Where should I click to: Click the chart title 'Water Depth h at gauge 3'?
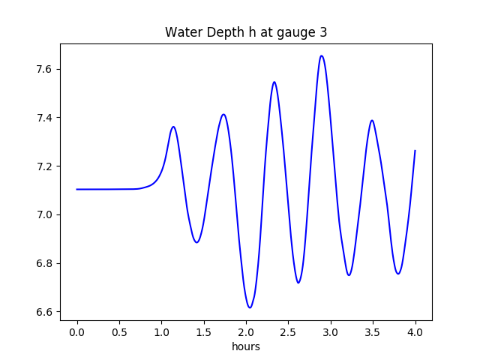pyautogui.click(x=246, y=32)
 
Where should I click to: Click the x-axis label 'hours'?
pyautogui.click(x=246, y=347)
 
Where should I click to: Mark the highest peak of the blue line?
pyautogui.click(x=322, y=55)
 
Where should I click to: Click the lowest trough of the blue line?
pyautogui.click(x=250, y=307)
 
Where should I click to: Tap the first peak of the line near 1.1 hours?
pyautogui.click(x=173, y=127)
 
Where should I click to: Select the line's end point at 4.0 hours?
pyautogui.click(x=415, y=151)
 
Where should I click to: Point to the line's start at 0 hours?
pyautogui.click(x=77, y=189)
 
